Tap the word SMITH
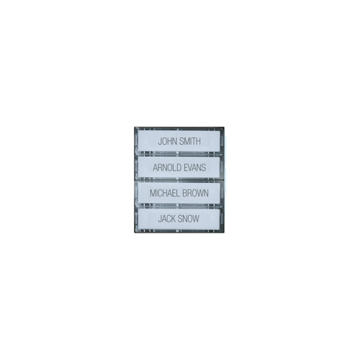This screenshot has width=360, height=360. pos(190,141)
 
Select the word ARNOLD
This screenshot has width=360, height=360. pos(167,167)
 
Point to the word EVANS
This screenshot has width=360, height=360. pos(195,167)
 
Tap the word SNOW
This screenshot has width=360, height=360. pos(189,219)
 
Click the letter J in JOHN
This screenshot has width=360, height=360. pos(160,141)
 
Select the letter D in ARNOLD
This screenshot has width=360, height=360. pos(178,167)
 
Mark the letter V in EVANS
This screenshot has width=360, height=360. pos(191,167)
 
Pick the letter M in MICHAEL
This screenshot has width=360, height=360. pos(153,193)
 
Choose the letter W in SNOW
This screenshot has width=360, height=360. pos(196,219)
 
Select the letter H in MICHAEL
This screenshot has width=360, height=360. pos(166,193)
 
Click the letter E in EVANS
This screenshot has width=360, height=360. pos(186,167)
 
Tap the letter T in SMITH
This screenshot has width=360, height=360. pos(194,141)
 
